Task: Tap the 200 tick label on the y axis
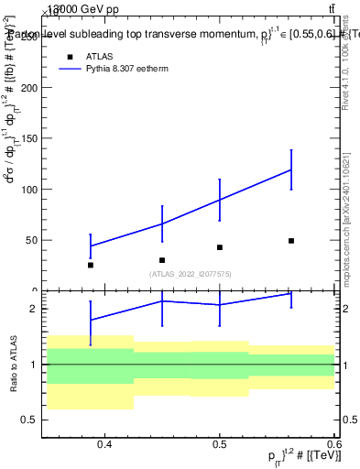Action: (28, 88)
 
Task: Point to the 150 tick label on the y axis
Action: (28, 138)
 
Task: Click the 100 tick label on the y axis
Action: (28, 190)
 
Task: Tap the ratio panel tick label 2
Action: (34, 309)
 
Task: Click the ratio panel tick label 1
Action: (34, 365)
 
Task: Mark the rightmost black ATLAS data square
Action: (291, 241)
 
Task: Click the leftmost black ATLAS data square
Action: (91, 265)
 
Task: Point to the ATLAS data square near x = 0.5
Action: (220, 247)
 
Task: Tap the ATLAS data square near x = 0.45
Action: (162, 260)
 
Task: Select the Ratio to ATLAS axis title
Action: (13, 365)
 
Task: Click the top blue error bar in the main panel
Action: (291, 169)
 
